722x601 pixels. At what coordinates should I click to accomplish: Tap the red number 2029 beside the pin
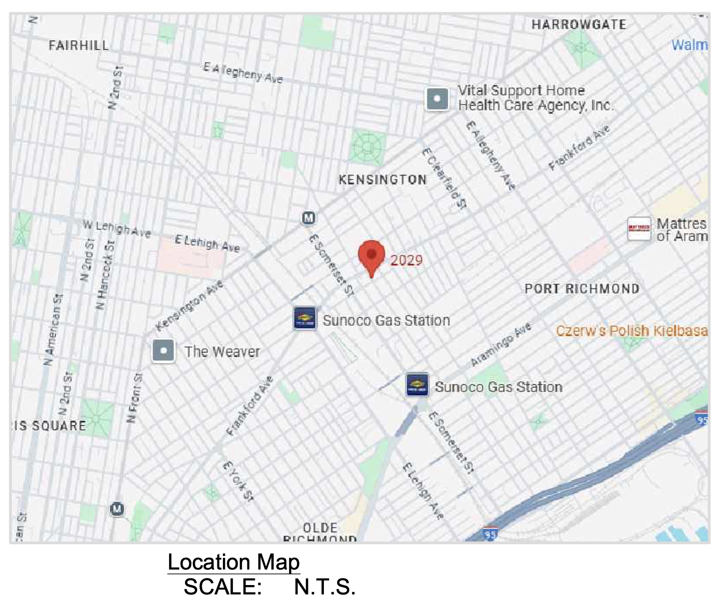(x=406, y=261)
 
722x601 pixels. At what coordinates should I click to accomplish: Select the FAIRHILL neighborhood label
(x=78, y=46)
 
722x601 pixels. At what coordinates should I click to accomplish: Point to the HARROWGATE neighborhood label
(x=578, y=24)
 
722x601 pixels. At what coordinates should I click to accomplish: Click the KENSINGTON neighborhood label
(x=383, y=180)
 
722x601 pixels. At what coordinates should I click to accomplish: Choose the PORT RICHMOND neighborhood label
(x=582, y=289)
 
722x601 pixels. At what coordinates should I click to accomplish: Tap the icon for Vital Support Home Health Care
(x=437, y=99)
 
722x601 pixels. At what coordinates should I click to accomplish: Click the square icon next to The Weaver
(x=163, y=351)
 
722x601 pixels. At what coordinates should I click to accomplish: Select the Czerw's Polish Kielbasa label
(x=631, y=331)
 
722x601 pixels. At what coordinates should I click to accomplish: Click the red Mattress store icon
(x=639, y=229)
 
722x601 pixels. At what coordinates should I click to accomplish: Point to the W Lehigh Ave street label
(x=117, y=229)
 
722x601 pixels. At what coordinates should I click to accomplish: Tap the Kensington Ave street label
(x=190, y=305)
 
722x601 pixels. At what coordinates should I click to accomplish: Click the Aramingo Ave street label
(x=501, y=344)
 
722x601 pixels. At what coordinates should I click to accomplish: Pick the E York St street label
(x=238, y=481)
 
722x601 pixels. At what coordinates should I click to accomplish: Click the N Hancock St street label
(x=105, y=275)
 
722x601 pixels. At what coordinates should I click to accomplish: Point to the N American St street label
(x=53, y=330)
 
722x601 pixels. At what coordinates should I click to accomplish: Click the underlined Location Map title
(x=233, y=562)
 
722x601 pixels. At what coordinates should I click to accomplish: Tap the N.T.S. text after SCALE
(x=324, y=587)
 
